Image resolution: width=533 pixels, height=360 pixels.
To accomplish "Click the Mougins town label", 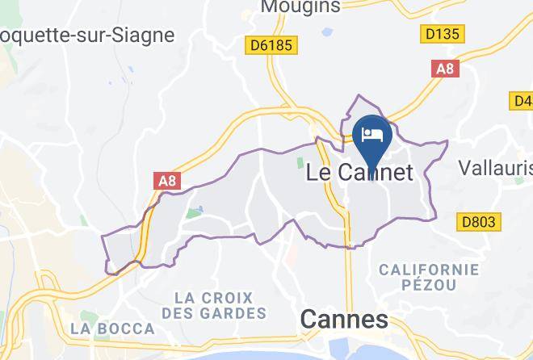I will [x=300, y=7].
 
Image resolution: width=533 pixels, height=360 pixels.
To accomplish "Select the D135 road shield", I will [x=442, y=35].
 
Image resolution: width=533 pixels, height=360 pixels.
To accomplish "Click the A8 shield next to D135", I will [x=445, y=69].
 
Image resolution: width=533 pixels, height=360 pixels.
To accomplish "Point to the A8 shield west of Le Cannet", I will [x=167, y=181].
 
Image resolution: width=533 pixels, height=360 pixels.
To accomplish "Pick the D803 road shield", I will [x=479, y=221].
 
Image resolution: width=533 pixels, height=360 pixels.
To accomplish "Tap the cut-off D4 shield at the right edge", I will [x=523, y=101].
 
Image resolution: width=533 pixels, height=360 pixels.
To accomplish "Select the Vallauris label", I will [x=495, y=167].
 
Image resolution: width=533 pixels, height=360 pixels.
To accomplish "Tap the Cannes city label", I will [x=343, y=319].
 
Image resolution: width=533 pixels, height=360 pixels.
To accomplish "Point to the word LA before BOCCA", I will [x=82, y=329].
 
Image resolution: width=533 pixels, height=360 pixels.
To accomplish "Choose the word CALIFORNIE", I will [x=429, y=269].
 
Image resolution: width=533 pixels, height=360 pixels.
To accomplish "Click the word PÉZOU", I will [x=429, y=284].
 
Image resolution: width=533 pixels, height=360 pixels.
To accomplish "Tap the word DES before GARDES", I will [x=178, y=312].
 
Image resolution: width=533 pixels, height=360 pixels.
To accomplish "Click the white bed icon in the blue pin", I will [x=372, y=134].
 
